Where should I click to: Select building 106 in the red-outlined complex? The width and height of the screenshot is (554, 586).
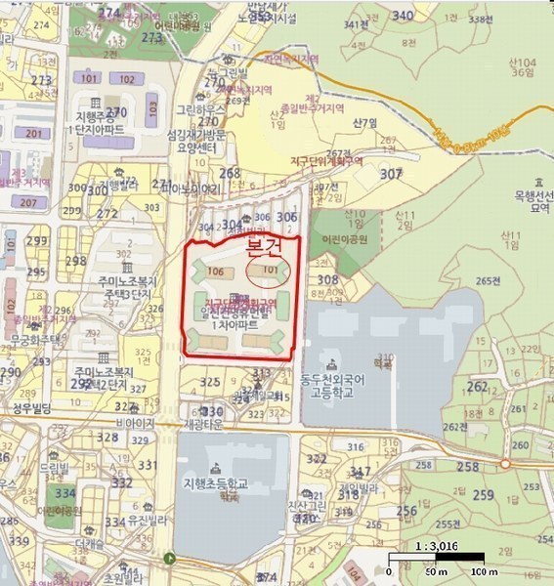(216, 272)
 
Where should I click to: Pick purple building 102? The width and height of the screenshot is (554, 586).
(126, 79)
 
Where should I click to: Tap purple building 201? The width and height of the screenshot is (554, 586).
(36, 134)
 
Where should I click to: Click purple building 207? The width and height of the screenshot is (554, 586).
(27, 203)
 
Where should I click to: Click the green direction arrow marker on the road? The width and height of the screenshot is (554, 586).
(170, 560)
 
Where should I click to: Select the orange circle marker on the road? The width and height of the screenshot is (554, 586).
(505, 465)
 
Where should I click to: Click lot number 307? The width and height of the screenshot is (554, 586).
(391, 174)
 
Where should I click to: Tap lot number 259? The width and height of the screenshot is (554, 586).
(483, 495)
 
